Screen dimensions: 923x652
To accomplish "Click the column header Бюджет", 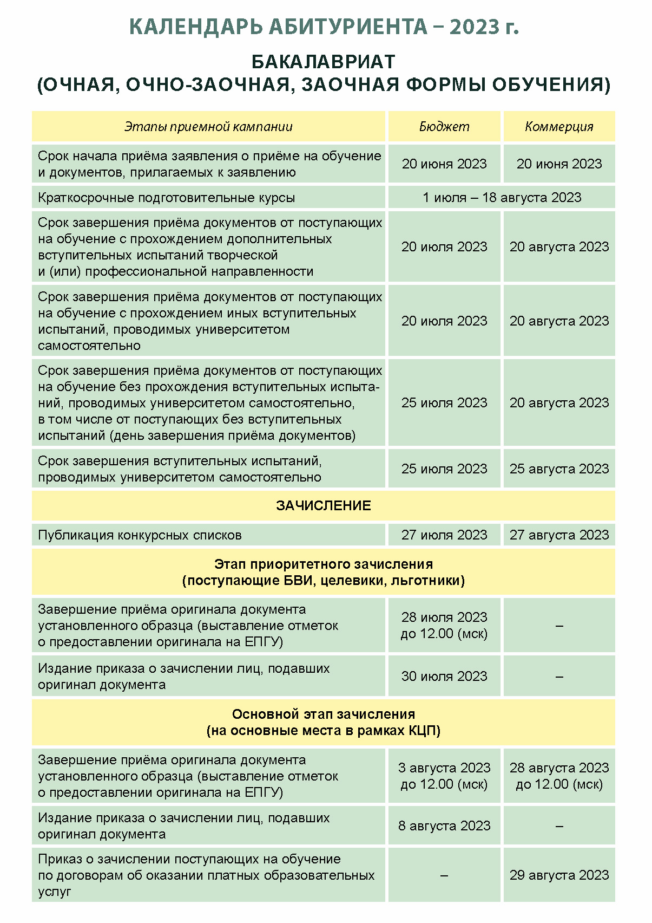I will [x=444, y=127].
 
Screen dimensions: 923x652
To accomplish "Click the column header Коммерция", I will [x=559, y=127].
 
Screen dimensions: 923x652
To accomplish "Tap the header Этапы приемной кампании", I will [x=208, y=127].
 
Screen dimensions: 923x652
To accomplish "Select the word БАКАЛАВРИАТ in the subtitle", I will [x=324, y=62].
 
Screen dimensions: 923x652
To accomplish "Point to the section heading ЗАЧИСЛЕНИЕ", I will [x=324, y=505].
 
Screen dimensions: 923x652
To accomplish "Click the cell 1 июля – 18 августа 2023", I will [x=502, y=197].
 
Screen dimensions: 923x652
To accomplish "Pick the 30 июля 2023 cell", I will [x=444, y=676].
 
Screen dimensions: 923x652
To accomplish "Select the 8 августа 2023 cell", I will [x=444, y=825].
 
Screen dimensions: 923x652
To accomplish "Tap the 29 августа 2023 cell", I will [x=559, y=875].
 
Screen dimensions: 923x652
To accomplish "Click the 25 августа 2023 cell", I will [x=559, y=469].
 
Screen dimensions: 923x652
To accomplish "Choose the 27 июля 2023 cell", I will [x=444, y=535].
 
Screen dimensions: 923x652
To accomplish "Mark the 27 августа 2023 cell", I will [x=559, y=535].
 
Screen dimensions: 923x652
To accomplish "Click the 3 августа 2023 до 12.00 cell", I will [x=444, y=776].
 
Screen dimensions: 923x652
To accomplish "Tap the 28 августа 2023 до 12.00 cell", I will [x=559, y=776].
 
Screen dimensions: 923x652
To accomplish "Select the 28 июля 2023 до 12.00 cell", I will [x=444, y=625].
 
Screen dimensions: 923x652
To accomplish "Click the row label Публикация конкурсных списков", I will [x=140, y=535].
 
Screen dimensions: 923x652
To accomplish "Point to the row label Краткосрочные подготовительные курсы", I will [x=166, y=198].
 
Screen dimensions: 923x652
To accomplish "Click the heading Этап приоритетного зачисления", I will [x=324, y=564].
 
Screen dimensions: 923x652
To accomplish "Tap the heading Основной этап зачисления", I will [x=324, y=714].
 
